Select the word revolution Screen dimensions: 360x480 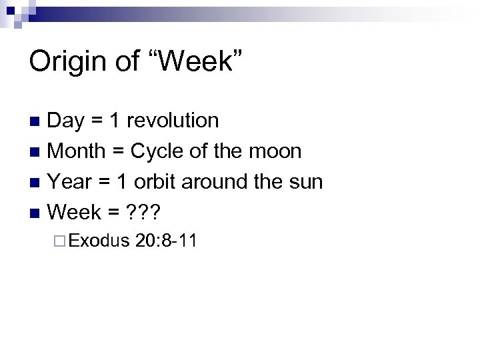pos(173,121)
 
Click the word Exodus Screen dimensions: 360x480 pos(98,241)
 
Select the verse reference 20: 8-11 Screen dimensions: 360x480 pos(165,241)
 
